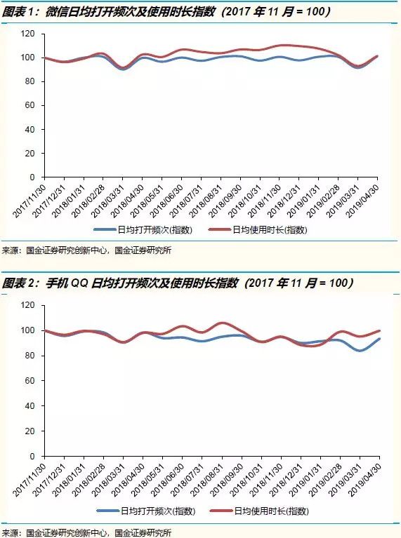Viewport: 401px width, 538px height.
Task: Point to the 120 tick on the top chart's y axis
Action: pos(29,34)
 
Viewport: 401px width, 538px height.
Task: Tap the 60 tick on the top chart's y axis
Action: pos(31,105)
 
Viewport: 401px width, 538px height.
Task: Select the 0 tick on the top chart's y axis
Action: pos(34,177)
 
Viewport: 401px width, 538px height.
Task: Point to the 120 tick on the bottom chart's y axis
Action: pos(29,305)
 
